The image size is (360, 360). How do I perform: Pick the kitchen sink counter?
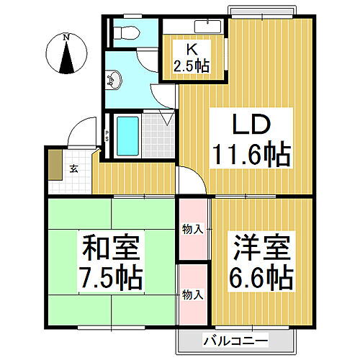click(x=194, y=26)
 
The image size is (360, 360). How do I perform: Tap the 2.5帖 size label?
click(x=192, y=66)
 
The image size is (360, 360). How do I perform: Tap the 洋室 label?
click(x=261, y=248)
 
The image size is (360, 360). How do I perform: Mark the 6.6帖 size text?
click(x=261, y=276)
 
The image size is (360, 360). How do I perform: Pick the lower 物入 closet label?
click(x=192, y=294)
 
